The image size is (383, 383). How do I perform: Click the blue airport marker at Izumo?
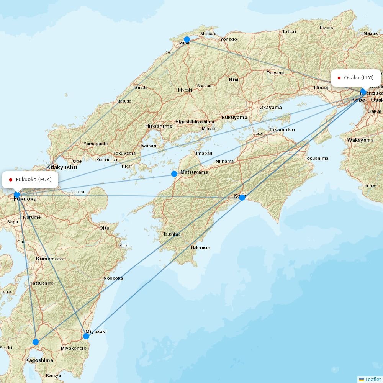(x=187, y=39)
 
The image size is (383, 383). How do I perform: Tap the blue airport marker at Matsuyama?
(x=174, y=174)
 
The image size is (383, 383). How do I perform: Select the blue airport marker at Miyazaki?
(x=86, y=336)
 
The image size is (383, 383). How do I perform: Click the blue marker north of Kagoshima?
(x=36, y=342)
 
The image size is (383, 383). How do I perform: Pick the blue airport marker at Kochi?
(x=242, y=197)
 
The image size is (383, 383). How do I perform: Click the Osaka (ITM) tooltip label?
(x=356, y=78)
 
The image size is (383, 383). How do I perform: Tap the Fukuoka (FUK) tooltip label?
(x=30, y=180)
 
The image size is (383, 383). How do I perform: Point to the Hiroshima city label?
(x=159, y=126)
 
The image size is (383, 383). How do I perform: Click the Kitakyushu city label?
(x=61, y=167)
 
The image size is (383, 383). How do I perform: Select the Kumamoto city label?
(x=49, y=259)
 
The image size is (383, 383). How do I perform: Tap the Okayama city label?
(x=270, y=108)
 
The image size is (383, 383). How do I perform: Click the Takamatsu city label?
(x=282, y=130)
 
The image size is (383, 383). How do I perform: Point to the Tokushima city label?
(x=316, y=158)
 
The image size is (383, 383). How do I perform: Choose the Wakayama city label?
(x=360, y=140)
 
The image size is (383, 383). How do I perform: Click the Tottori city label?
(x=289, y=31)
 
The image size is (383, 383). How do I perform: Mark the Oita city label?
(x=104, y=228)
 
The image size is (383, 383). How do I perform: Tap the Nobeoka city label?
(x=113, y=278)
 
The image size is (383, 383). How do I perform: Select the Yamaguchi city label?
(x=95, y=144)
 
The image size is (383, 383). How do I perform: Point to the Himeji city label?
(x=321, y=88)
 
